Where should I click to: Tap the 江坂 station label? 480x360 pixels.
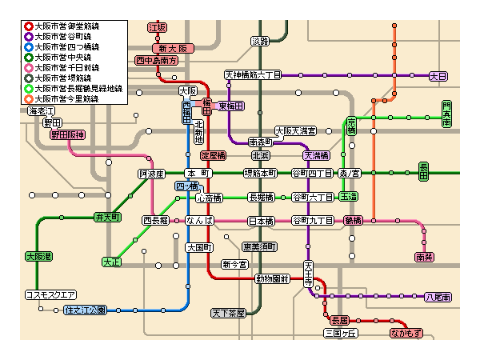[x=158, y=27]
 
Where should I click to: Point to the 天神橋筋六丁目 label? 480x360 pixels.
[x=252, y=75]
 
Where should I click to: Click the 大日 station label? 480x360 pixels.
[x=438, y=76]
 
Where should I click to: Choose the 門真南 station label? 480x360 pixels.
[x=446, y=112]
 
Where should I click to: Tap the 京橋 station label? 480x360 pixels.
[x=351, y=126]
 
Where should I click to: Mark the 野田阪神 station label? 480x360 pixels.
[x=66, y=135]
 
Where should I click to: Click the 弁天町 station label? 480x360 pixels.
[x=107, y=217]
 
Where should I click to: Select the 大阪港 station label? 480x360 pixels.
[x=38, y=257]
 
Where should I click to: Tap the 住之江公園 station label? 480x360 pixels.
[x=85, y=310]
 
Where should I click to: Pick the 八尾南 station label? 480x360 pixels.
[x=438, y=297]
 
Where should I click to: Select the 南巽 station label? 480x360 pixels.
[x=424, y=257]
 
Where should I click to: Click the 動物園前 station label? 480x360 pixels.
[x=271, y=279]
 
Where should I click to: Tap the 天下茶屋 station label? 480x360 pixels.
[x=228, y=313]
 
